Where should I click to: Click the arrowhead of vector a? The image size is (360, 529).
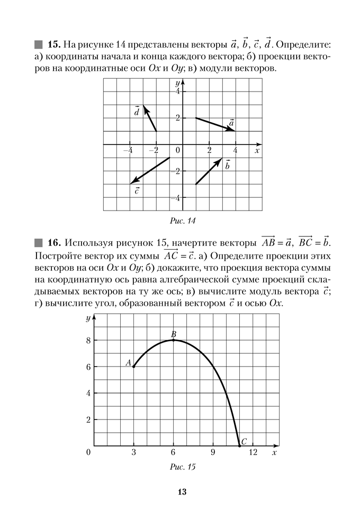pyautogui.click(x=233, y=130)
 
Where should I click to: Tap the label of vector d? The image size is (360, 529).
pyautogui.click(x=137, y=112)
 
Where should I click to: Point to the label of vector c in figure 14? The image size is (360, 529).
pyautogui.click(x=138, y=190)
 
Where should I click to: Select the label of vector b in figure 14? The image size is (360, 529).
pyautogui.click(x=228, y=165)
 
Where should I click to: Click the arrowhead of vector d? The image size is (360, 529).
pyautogui.click(x=145, y=107)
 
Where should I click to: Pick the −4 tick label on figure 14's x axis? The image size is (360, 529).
pyautogui.click(x=128, y=150)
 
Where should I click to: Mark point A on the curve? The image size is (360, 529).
pyautogui.click(x=133, y=367)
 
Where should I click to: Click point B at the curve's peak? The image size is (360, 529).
pyautogui.click(x=173, y=340)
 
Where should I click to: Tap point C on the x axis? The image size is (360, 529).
pyautogui.click(x=240, y=445)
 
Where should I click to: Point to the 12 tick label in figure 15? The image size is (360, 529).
pyautogui.click(x=253, y=452)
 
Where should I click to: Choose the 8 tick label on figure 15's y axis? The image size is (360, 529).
pyautogui.click(x=88, y=340)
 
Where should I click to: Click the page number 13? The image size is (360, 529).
pyautogui.click(x=181, y=492)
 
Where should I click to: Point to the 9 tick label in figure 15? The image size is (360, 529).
pyautogui.click(x=213, y=452)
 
